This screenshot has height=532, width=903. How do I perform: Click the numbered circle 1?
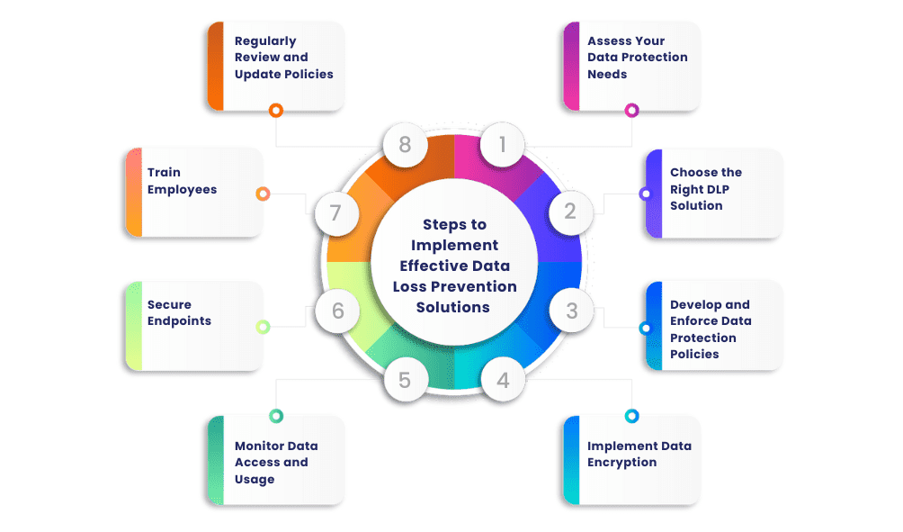tap(503, 144)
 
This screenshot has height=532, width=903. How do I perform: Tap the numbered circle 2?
tap(570, 212)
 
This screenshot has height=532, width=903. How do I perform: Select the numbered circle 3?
tap(571, 311)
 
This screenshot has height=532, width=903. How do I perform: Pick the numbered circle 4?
tap(503, 380)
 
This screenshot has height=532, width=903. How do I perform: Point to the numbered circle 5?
tap(405, 380)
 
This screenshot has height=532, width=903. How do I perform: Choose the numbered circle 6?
tap(337, 311)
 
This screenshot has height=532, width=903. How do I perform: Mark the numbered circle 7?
tap(336, 213)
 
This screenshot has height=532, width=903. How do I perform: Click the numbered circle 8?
tap(405, 144)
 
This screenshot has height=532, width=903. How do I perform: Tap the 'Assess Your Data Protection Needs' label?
tap(638, 58)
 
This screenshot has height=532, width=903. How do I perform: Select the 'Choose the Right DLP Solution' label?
tap(706, 189)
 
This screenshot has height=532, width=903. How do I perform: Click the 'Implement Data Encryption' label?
tap(639, 454)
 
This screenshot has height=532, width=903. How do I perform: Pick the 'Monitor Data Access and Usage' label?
tap(276, 463)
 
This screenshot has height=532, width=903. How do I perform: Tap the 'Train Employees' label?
tap(182, 181)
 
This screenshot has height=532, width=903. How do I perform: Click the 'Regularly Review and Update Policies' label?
tap(283, 58)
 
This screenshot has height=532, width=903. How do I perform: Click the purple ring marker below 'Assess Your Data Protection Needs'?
tap(631, 111)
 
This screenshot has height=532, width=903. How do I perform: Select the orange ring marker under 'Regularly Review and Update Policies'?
tap(276, 111)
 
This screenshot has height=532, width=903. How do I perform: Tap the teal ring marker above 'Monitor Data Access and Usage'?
tap(276, 416)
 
